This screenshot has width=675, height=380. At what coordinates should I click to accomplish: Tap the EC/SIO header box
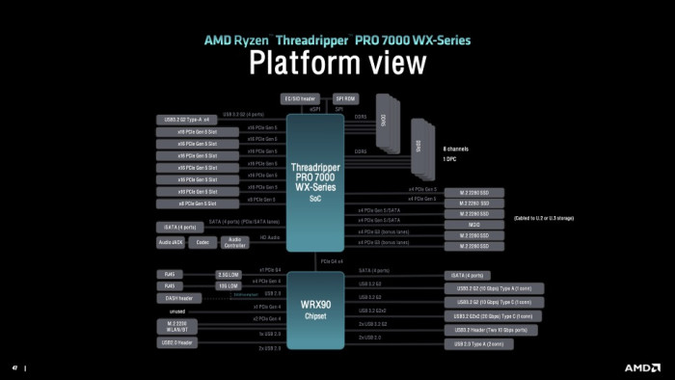click(298, 98)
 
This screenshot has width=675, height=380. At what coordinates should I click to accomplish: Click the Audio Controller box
click(234, 243)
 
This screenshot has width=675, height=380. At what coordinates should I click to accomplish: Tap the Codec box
click(202, 242)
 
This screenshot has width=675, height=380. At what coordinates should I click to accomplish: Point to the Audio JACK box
click(172, 242)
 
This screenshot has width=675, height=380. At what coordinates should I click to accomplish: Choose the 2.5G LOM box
click(229, 274)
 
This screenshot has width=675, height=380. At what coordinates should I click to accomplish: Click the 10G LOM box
click(229, 285)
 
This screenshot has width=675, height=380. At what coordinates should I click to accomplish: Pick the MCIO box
click(474, 224)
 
